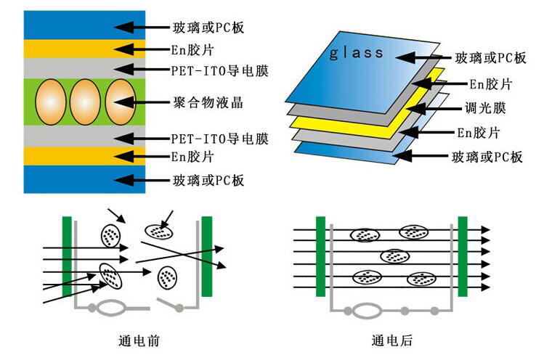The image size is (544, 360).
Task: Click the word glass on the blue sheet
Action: coord(356,53)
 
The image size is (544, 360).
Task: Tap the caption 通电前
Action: coord(139,341)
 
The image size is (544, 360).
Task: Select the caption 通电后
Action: coord(392,340)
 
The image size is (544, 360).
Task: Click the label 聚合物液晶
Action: coord(208,102)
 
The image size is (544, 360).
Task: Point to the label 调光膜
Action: coord(485,108)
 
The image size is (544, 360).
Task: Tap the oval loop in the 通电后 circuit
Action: coord(367,311)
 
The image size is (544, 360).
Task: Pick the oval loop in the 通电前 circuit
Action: coord(110,308)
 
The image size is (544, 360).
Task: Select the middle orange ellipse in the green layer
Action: coord(85,102)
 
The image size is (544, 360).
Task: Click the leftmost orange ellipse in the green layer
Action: coord(51,102)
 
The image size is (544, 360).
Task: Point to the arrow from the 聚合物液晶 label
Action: coord(142,102)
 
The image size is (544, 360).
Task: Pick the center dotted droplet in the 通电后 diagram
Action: coord(395,256)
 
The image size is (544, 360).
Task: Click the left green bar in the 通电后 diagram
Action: coord(320,257)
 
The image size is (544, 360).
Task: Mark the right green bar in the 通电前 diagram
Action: coord(207,257)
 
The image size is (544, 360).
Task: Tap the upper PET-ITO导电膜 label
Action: coord(219,70)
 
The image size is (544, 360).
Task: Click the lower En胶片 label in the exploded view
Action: coord(478,133)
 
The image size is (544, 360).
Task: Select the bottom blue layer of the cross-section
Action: coord(84,179)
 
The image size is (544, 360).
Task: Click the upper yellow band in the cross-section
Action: coord(84,49)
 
